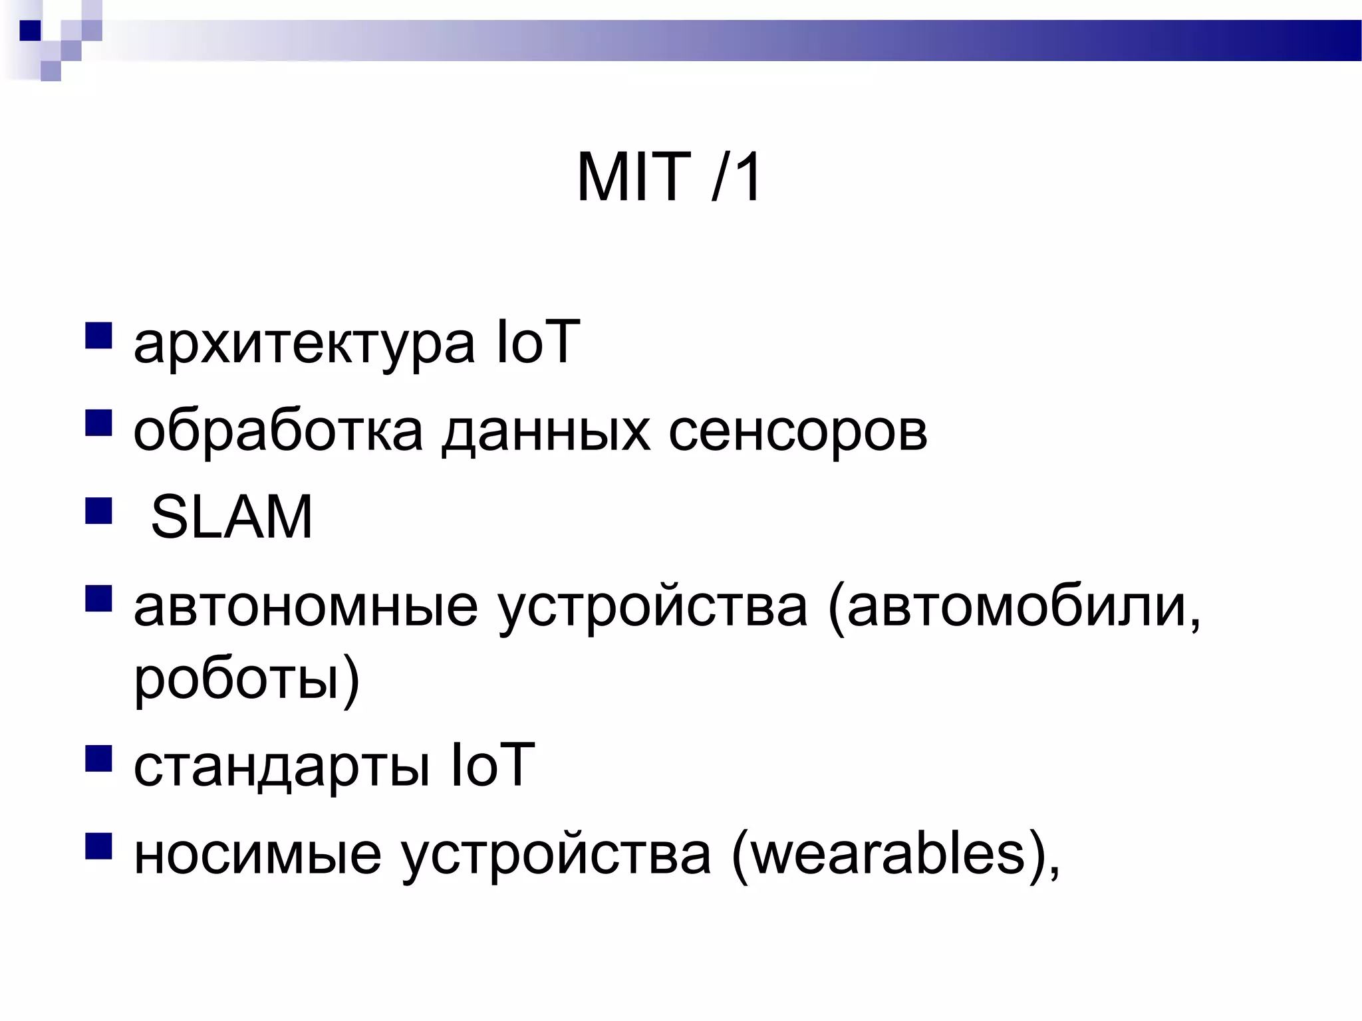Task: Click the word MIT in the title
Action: point(632,177)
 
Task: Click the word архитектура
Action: point(304,344)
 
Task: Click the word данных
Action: point(545,432)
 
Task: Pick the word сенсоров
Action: point(797,432)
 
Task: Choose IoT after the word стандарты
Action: point(493,765)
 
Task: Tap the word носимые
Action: point(257,853)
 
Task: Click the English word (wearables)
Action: point(895,855)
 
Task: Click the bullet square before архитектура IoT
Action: point(98,336)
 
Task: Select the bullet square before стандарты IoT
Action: point(98,758)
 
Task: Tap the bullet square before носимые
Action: point(98,846)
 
